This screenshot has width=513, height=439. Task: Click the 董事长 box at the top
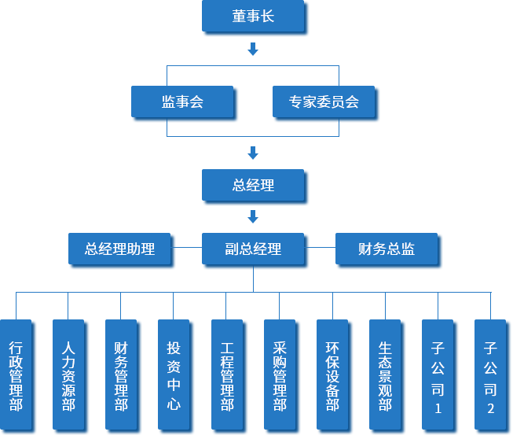[x=253, y=17]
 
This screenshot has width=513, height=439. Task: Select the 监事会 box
[x=182, y=101]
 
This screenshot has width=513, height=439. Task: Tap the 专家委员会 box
[x=323, y=101]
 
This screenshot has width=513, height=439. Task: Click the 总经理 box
[x=253, y=186]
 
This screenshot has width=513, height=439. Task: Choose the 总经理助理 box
[x=120, y=249]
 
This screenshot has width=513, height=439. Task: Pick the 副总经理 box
[x=253, y=249]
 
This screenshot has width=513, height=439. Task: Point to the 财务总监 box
[x=387, y=249]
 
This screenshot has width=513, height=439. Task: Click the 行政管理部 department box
[x=16, y=376]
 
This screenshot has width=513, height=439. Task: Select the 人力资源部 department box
[x=68, y=376]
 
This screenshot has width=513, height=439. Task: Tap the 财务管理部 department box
[x=121, y=376]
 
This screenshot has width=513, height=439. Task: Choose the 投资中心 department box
[x=174, y=376]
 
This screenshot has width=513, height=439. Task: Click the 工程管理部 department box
[x=227, y=376]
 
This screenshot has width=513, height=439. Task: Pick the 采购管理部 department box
[x=280, y=376]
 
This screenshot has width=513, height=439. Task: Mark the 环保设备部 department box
[x=332, y=376]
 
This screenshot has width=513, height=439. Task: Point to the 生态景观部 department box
[x=385, y=376]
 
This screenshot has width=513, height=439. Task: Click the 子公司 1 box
[x=438, y=376]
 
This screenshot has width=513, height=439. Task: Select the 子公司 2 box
[x=490, y=376]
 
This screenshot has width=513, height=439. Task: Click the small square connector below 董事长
[x=253, y=50]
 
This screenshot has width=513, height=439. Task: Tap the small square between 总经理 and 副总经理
[x=253, y=216]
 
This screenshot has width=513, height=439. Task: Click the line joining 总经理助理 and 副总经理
[x=189, y=248]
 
